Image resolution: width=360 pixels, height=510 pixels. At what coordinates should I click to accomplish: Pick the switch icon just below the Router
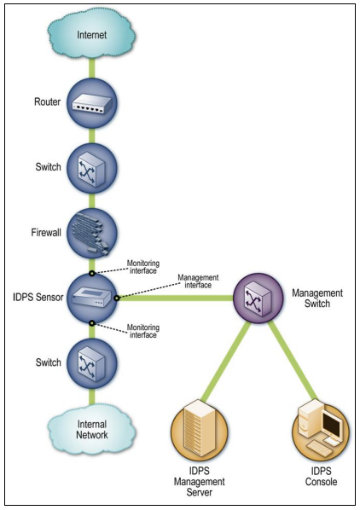pyautogui.click(x=91, y=168)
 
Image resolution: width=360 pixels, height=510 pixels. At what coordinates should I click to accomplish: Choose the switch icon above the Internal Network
pyautogui.click(x=91, y=362)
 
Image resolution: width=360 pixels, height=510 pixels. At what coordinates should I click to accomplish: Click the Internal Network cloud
pyautogui.click(x=90, y=429)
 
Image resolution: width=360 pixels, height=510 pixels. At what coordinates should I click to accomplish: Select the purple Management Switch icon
pyautogui.click(x=261, y=298)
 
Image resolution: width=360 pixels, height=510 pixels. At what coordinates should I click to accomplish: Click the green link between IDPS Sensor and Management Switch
pyautogui.click(x=175, y=298)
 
